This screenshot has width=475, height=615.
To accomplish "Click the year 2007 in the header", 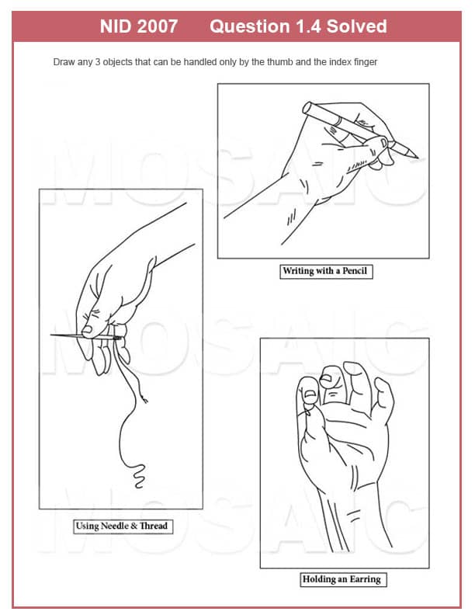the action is pyautogui.click(x=157, y=26).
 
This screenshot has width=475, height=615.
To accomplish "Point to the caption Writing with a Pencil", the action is pyautogui.click(x=325, y=271).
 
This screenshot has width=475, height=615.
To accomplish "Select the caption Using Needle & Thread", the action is pyautogui.click(x=122, y=526).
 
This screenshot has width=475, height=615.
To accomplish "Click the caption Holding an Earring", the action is pyautogui.click(x=342, y=579).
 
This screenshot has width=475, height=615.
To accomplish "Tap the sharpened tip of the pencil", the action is pyautogui.click(x=417, y=158).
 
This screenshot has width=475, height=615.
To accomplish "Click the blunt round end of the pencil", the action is pyautogui.click(x=307, y=107).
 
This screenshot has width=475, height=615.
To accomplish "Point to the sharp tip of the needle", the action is pyautogui.click(x=51, y=335).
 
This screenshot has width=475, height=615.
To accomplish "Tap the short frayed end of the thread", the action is pyautogui.click(x=145, y=400).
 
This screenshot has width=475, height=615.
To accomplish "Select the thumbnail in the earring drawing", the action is pyautogui.click(x=310, y=394).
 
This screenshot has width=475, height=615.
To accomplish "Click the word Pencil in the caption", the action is pyautogui.click(x=355, y=271).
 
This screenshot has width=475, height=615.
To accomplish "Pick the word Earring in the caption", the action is pyautogui.click(x=366, y=579).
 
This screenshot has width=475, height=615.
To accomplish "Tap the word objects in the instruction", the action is pyautogui.click(x=117, y=62).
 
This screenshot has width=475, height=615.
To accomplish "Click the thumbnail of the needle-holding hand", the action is pyautogui.click(x=87, y=330).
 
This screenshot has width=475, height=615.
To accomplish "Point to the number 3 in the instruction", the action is pyautogui.click(x=98, y=62).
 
